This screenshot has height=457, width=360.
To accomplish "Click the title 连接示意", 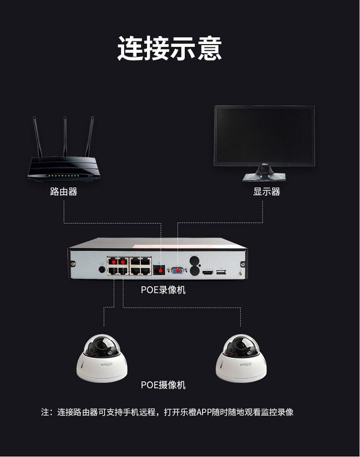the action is coord(169,49).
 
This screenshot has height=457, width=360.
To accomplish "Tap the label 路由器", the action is coord(63,192).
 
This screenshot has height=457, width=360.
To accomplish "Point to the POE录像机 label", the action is coord(163,290).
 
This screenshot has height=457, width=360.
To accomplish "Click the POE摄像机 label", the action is coord(163,385).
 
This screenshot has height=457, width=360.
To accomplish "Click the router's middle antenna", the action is coord(65,137).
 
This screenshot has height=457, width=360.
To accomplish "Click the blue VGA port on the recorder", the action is coord(177,271).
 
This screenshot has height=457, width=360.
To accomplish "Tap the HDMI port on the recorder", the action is coord(207,273).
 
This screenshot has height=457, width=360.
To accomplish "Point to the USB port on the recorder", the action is coord(221,272).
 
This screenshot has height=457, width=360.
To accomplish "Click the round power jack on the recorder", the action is coord(102,270).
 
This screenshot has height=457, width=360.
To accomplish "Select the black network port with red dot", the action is coord(159,271).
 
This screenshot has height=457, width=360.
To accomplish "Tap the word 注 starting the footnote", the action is coord(46,412).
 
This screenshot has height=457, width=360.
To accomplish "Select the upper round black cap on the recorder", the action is coord(194,261).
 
